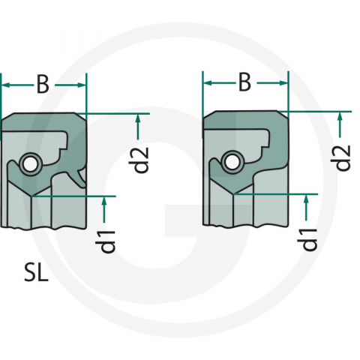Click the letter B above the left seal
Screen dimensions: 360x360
pyautogui.click(x=43, y=86)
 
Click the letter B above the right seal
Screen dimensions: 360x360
pyautogui.click(x=244, y=83)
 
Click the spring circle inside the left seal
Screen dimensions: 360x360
pyautogui.click(x=30, y=163)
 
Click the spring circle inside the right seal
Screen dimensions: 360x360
pyautogui.click(x=232, y=160)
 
